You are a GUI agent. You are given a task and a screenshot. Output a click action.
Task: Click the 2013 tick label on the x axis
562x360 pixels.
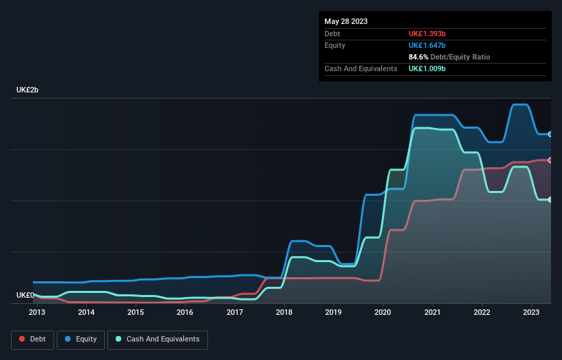[x=37, y=313]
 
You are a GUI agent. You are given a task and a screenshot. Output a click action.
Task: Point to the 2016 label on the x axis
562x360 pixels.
[x=185, y=313]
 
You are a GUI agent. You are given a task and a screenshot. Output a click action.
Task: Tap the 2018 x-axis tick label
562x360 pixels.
[x=284, y=313]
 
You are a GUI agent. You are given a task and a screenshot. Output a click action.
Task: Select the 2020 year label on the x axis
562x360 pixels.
[x=383, y=313]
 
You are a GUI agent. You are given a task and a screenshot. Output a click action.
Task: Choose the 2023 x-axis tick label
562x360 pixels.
[x=531, y=313]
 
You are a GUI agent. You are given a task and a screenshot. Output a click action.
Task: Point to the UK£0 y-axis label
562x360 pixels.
[x=25, y=295]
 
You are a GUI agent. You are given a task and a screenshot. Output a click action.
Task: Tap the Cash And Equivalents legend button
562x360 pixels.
[x=157, y=339]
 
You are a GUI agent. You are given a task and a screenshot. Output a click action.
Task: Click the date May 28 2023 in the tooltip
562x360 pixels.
[x=346, y=21]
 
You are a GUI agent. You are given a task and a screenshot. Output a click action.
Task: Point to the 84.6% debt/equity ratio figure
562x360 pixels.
[x=420, y=57]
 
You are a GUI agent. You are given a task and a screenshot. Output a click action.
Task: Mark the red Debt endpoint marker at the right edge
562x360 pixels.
[x=550, y=160]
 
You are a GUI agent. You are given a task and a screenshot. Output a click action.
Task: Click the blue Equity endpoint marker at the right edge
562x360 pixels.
[x=550, y=134]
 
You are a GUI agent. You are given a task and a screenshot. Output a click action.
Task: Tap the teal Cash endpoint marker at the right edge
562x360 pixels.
[x=550, y=199]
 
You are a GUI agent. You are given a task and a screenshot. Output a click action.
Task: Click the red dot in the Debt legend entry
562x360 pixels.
[x=23, y=339]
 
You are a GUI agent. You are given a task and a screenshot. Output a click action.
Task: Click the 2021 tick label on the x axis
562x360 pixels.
[x=433, y=313]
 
